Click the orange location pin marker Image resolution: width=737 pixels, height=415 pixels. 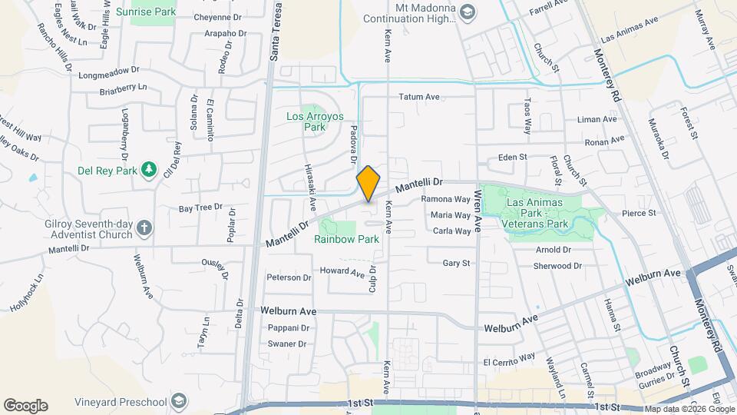point(368,184)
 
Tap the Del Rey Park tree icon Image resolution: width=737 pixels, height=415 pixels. point(150,169)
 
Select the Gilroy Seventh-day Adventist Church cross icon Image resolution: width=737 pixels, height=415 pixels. point(144,227)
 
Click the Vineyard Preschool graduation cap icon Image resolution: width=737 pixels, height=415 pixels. point(179,401)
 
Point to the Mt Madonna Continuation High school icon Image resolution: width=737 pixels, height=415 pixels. point(468,12)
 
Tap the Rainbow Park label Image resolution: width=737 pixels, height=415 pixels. point(347,239)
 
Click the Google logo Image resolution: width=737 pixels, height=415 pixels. point(25,406)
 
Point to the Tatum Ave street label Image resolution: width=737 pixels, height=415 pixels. point(418,97)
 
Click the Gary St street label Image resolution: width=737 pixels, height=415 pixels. point(456,263)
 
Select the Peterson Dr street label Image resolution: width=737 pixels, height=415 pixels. point(289,277)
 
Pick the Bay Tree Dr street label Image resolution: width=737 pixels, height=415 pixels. point(200,207)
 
